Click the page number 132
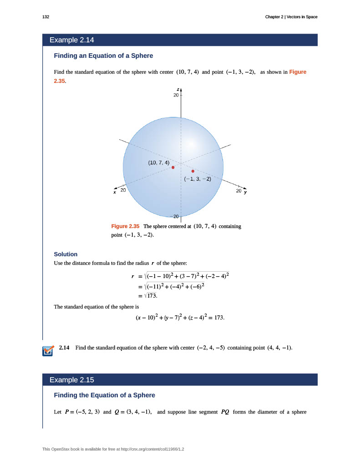pyautogui.click(x=46, y=17)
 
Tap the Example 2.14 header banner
pyautogui.click(x=180, y=40)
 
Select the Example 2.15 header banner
pyautogui.click(x=180, y=380)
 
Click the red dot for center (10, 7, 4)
pyautogui.click(x=173, y=167)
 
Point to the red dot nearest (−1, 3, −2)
pyautogui.click(x=193, y=171)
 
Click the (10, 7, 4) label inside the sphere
pyautogui.click(x=159, y=162)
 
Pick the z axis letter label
pyautogui.click(x=178, y=89)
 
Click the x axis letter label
pyautogui.click(x=115, y=192)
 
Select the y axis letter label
pyautogui.click(x=245, y=192)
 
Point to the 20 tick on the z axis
pyautogui.click(x=176, y=96)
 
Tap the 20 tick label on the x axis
pyautogui.click(x=123, y=190)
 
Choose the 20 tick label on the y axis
pyautogui.click(x=239, y=191)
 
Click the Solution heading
pyautogui.click(x=66, y=254)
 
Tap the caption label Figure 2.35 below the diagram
pyautogui.click(x=125, y=226)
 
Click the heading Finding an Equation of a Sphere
pyautogui.click(x=103, y=56)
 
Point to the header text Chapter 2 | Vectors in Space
pyautogui.click(x=291, y=17)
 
